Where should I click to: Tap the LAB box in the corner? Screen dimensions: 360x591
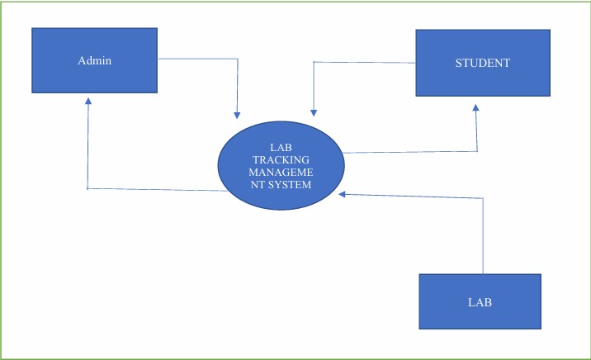480,302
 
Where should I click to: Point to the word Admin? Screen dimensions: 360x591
94,60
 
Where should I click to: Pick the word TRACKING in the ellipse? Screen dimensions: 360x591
281,159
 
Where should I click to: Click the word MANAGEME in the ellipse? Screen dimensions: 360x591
281,172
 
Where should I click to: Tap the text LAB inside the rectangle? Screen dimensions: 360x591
480,302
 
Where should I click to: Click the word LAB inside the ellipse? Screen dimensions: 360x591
281,146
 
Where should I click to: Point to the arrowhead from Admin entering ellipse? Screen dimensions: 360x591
237,114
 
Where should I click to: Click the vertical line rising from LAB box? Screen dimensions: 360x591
483,239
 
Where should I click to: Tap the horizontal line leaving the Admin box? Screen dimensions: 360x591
198,59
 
